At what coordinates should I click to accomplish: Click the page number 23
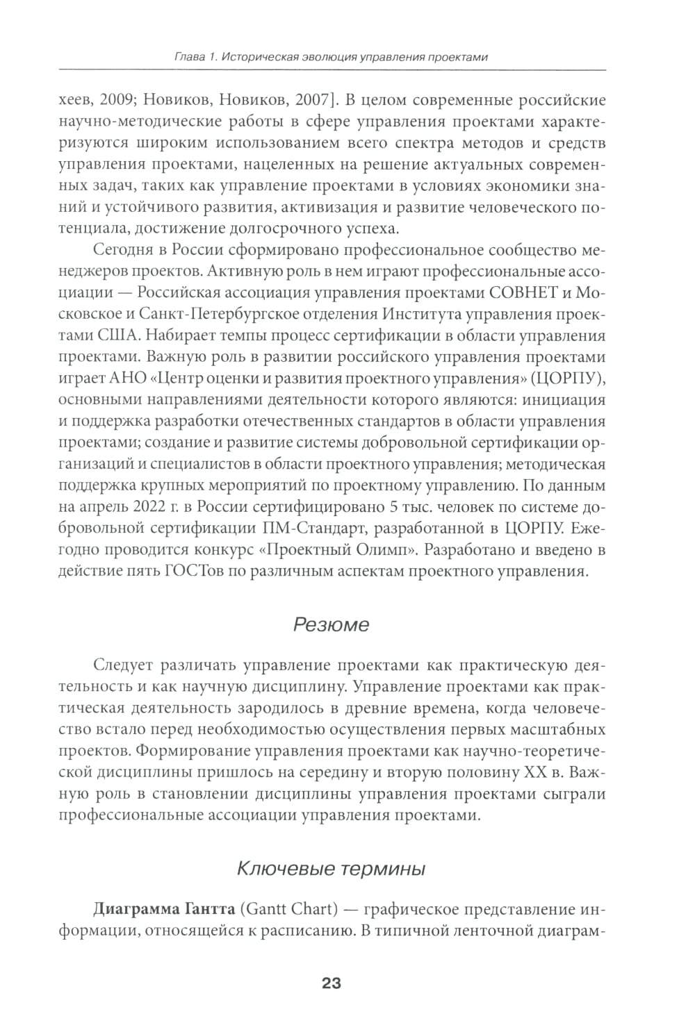pos(331,983)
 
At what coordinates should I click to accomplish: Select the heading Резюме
pos(331,624)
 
